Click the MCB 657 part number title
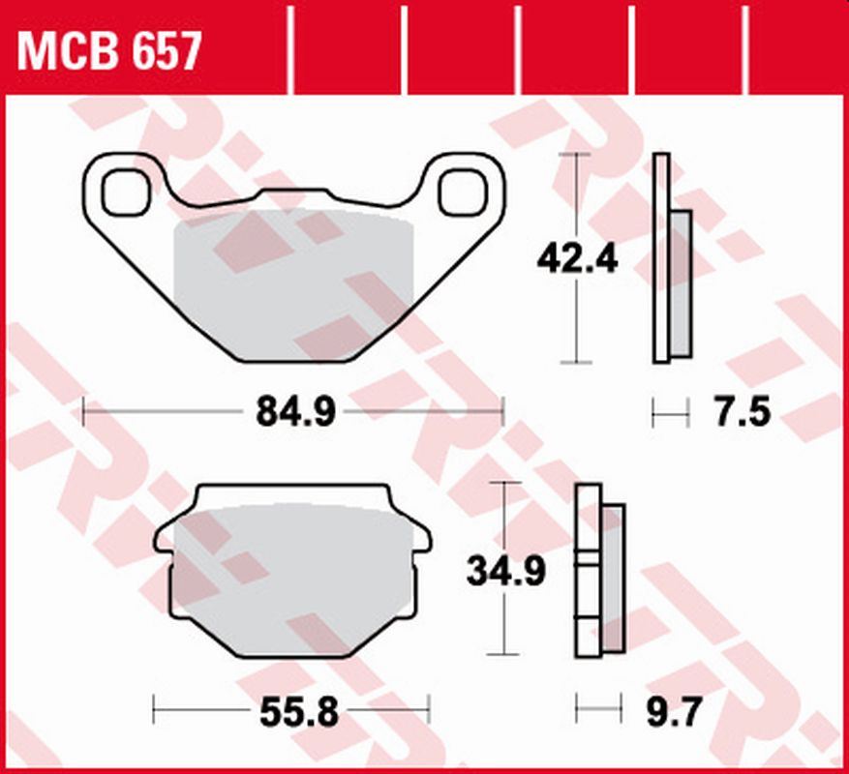click(109, 50)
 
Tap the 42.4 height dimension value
click(577, 258)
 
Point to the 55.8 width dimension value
click(298, 714)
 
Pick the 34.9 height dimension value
click(505, 570)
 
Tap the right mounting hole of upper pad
click(461, 192)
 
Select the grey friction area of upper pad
click(290, 281)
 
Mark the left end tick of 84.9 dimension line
click(84, 413)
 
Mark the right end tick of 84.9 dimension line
click(503, 413)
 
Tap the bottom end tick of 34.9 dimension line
click(504, 656)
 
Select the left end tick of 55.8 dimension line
click(155, 714)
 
